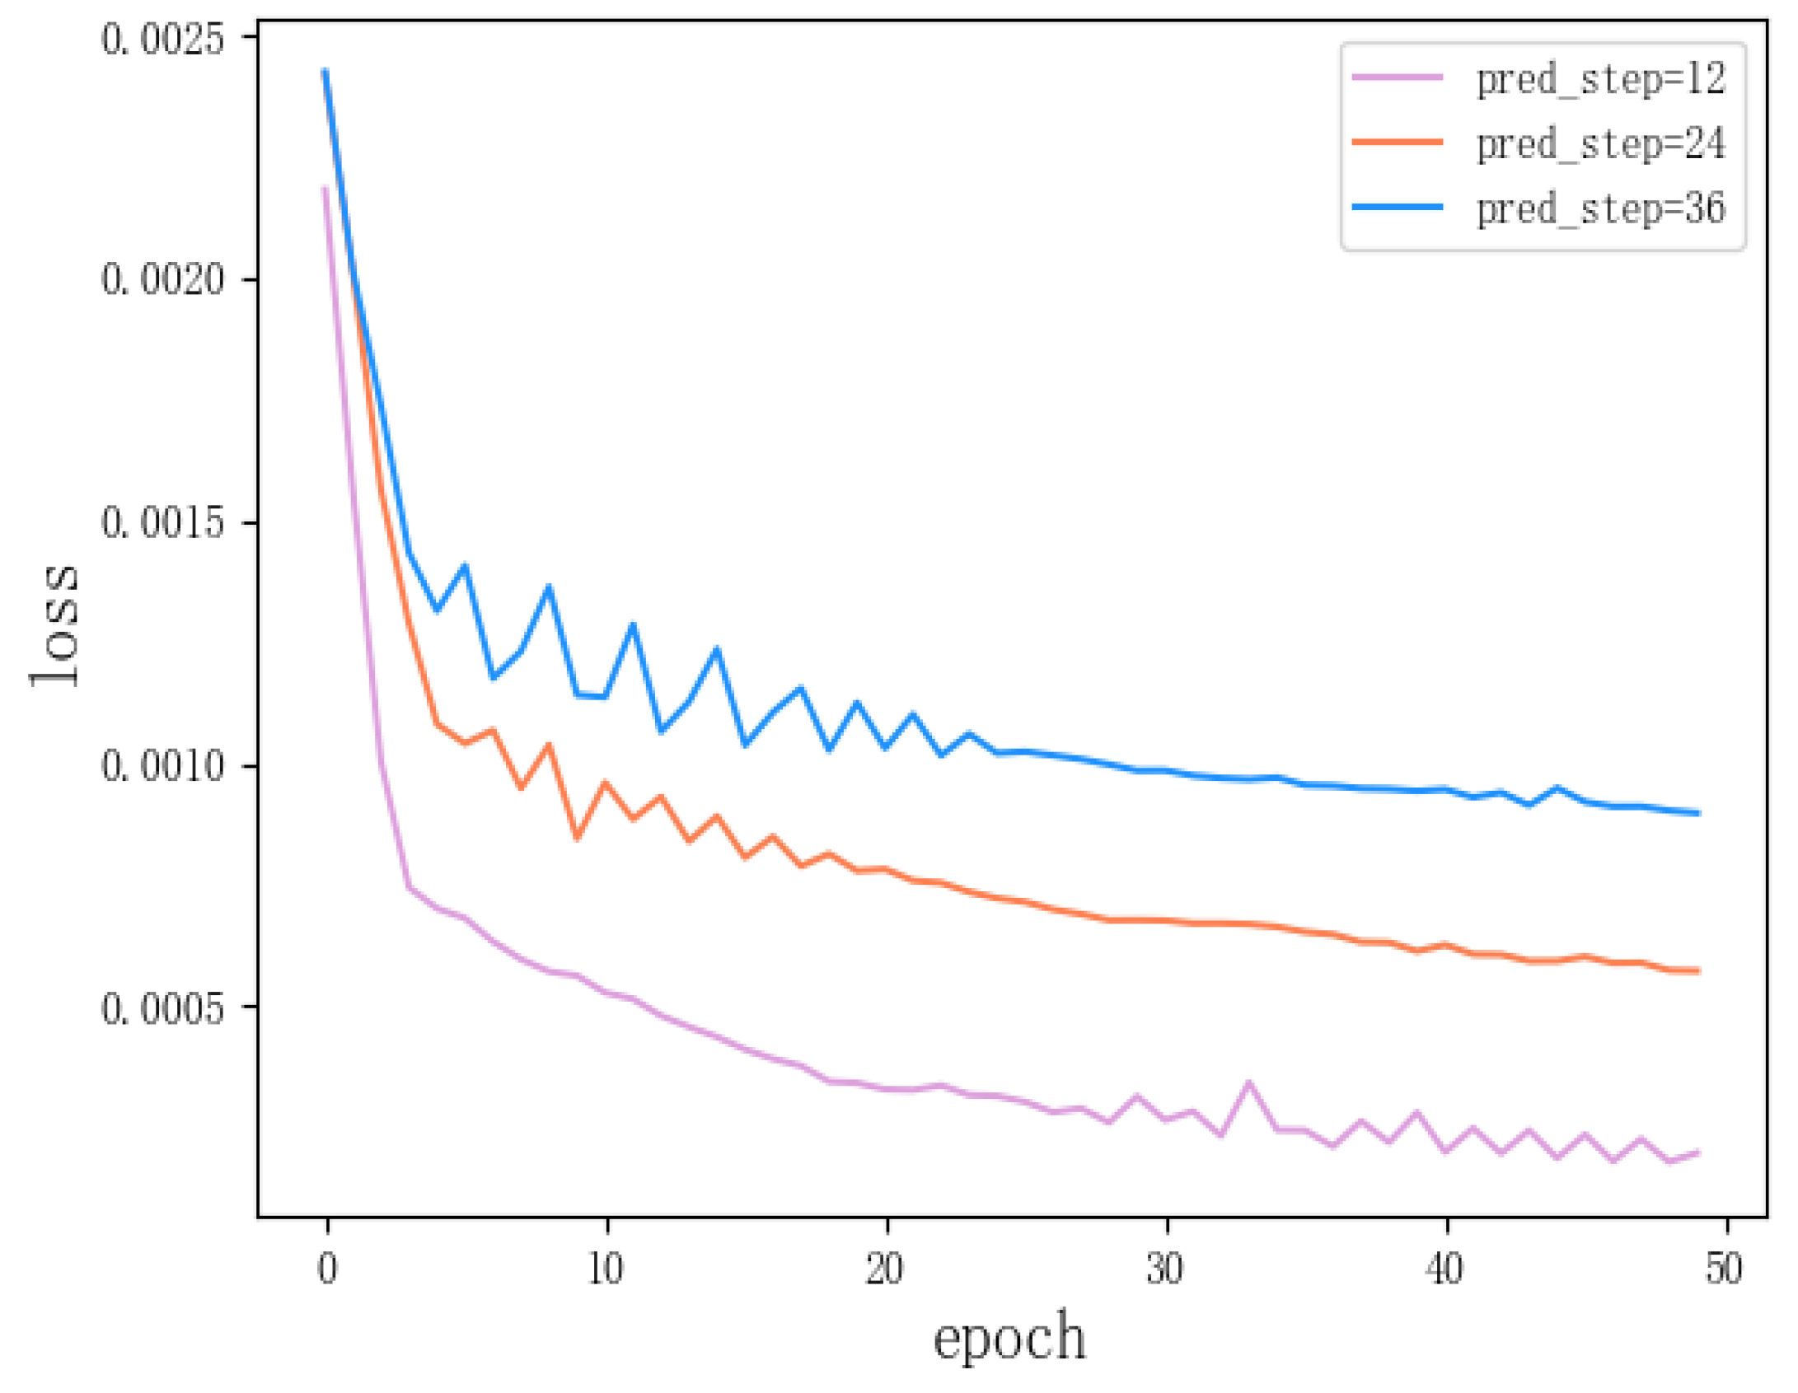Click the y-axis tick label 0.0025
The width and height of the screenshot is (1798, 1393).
[x=162, y=39]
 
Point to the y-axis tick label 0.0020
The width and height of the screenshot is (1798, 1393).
[x=162, y=280]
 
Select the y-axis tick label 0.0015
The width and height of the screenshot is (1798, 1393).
[x=162, y=522]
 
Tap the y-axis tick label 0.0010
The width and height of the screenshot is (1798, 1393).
[x=162, y=765]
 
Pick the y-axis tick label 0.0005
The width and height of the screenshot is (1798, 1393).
[x=162, y=1007]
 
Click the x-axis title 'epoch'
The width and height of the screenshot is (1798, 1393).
[x=1009, y=1338]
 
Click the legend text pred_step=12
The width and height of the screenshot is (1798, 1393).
[x=1600, y=79]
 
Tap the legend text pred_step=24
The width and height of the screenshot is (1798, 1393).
[x=1600, y=144]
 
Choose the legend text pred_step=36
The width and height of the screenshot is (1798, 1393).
[x=1600, y=208]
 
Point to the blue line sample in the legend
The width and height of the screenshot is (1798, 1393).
[x=1398, y=207]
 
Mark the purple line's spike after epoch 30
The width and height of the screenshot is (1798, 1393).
[x=1248, y=1084]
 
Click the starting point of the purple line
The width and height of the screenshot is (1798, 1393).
[x=325, y=189]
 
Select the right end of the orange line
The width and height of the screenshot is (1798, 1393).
[x=1698, y=971]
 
